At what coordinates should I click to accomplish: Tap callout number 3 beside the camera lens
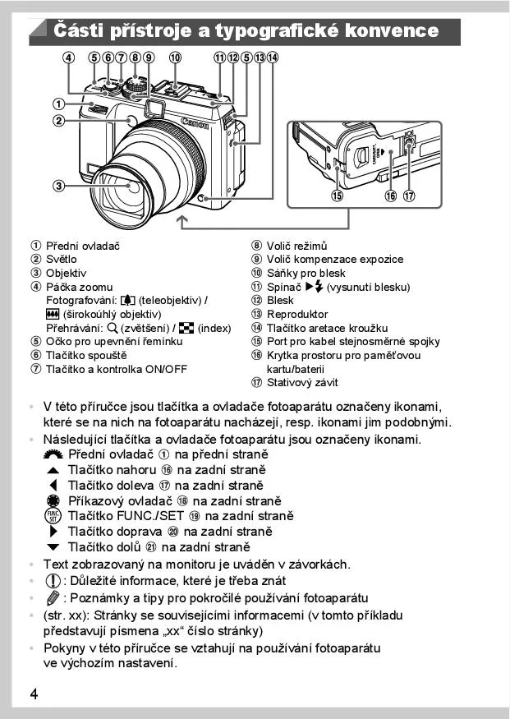[x=59, y=186]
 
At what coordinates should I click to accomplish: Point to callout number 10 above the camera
[x=175, y=58]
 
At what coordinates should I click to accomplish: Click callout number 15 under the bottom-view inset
[x=338, y=196]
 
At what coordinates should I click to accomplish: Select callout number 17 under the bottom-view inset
[x=409, y=196]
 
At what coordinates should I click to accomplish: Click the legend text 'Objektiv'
[x=66, y=273]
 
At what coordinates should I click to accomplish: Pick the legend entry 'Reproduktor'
[x=296, y=314]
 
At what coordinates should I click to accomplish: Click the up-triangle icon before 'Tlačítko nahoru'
[x=53, y=470]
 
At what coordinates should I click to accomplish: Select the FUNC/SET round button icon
[x=53, y=517]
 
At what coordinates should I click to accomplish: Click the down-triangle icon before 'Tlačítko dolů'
[x=53, y=547]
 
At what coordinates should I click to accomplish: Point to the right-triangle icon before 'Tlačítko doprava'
[x=54, y=532]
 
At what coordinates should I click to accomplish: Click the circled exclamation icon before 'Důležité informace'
[x=51, y=581]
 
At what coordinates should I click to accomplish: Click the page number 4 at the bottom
[x=34, y=694]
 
